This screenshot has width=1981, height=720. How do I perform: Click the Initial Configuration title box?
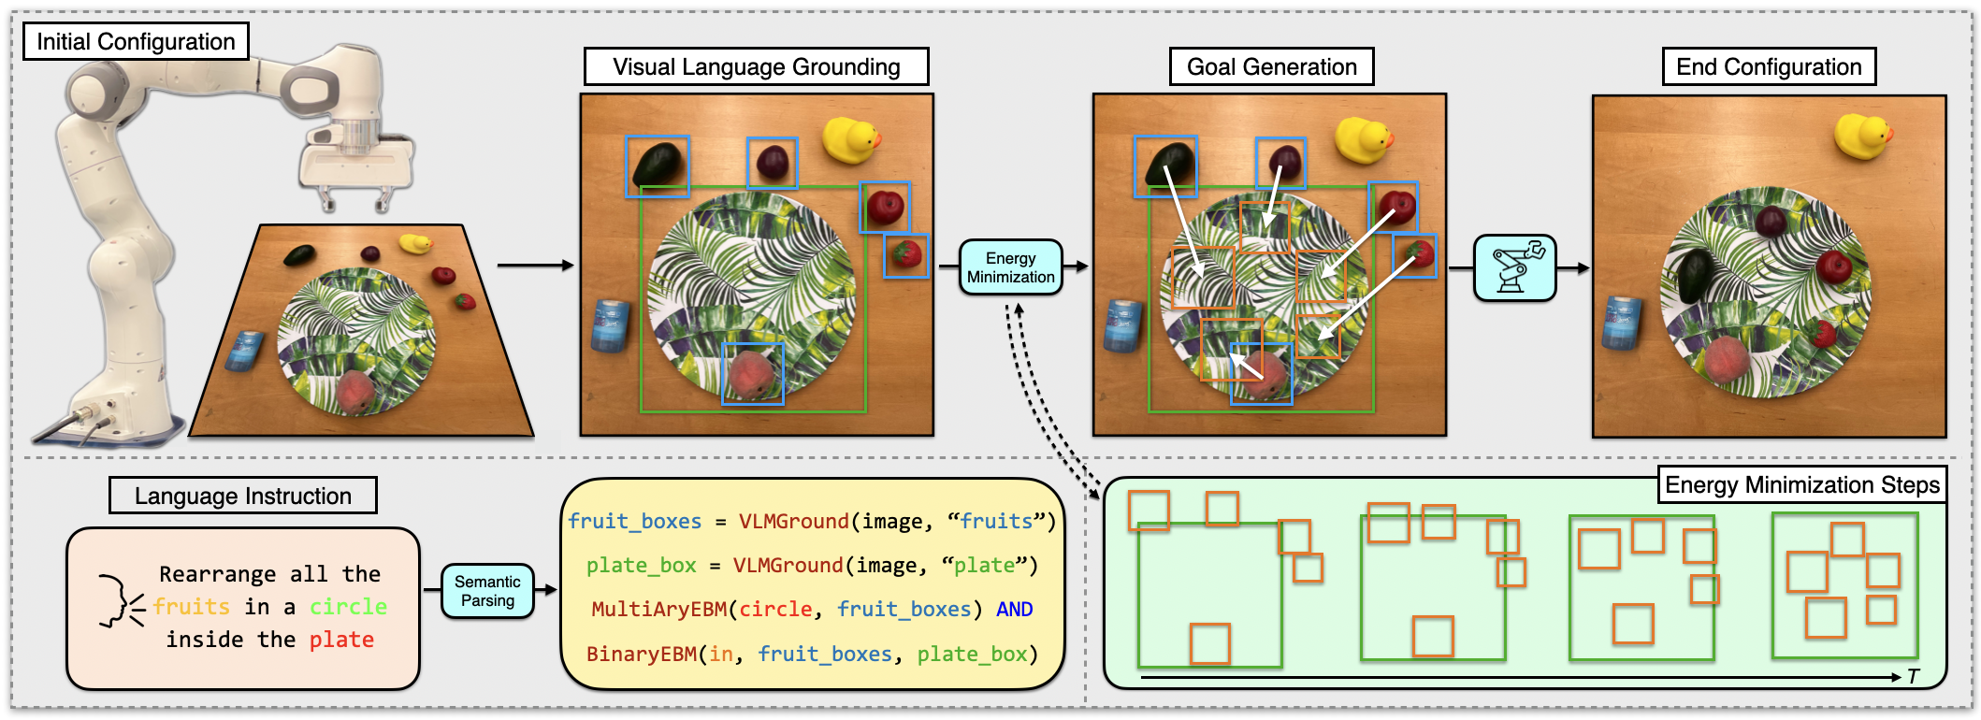(x=136, y=41)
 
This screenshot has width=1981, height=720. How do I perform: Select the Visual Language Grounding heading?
(x=756, y=67)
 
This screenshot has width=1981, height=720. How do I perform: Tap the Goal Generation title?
(x=1271, y=67)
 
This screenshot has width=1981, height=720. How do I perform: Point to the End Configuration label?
(x=1769, y=67)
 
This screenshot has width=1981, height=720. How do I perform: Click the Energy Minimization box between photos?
(x=1010, y=267)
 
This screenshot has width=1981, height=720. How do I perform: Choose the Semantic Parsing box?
(x=487, y=591)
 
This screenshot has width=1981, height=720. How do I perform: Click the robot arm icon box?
(x=1514, y=268)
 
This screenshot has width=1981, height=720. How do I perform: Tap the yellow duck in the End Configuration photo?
(x=1862, y=135)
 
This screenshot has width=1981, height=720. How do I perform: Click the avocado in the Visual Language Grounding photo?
(x=657, y=165)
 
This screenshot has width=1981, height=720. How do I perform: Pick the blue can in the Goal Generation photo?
(x=1122, y=325)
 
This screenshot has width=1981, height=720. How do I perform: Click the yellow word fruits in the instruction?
(x=192, y=607)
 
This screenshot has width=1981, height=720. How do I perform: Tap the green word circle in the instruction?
(x=348, y=607)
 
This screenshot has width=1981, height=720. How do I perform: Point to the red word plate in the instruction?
(x=341, y=640)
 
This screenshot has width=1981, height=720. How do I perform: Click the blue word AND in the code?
(x=1014, y=610)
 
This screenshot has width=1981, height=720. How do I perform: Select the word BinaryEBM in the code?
(x=642, y=655)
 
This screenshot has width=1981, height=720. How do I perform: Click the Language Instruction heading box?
(x=243, y=496)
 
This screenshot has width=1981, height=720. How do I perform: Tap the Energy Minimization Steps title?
(x=1801, y=485)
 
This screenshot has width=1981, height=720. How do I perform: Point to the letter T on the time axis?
(x=1913, y=677)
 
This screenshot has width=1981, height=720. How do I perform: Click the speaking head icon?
(x=120, y=600)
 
